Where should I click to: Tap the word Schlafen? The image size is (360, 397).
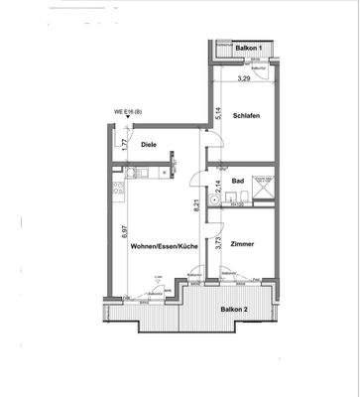247,116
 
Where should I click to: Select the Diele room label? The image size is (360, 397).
149,145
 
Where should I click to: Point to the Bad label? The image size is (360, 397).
239,182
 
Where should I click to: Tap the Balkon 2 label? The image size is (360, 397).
235,309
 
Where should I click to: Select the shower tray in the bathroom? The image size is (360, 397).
264,183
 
